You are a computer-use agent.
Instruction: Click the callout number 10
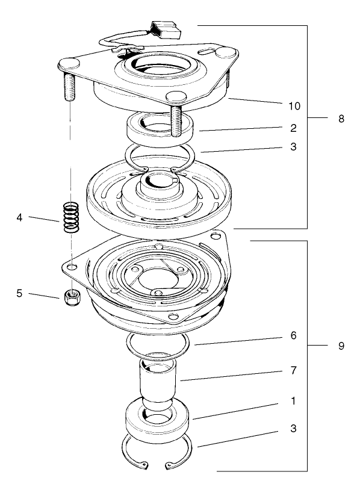coord(293,105)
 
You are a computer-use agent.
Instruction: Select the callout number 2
coord(293,128)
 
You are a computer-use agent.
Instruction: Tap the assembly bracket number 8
coord(341,119)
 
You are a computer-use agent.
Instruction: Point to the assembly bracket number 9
coord(341,346)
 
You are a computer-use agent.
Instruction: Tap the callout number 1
coord(293,400)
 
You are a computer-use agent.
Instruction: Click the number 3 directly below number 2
coord(293,146)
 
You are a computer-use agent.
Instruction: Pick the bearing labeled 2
coord(160,129)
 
